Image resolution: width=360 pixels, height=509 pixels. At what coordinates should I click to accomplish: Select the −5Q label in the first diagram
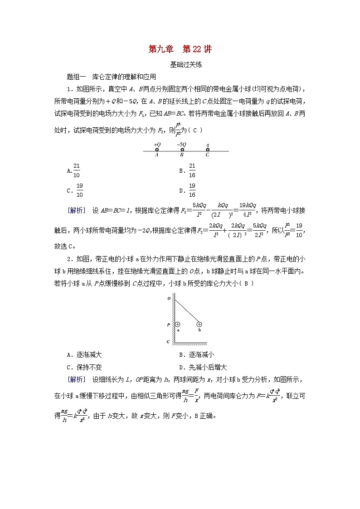[x=181, y=145]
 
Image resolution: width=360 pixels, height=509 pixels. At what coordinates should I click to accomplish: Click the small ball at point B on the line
[x=182, y=150]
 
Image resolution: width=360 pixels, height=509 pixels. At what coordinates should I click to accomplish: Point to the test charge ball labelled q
[x=208, y=150]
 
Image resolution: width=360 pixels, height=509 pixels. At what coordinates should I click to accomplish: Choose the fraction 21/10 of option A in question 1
[x=76, y=170]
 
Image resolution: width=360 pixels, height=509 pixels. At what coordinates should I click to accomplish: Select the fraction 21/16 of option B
[x=192, y=170]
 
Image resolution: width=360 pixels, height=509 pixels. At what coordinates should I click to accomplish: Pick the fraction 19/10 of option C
[x=79, y=190]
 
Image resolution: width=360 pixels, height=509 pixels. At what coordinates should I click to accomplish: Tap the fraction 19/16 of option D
[x=192, y=190]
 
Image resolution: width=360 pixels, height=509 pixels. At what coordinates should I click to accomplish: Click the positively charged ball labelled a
[x=177, y=324]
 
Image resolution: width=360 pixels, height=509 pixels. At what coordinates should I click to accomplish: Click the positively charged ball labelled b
[x=199, y=324]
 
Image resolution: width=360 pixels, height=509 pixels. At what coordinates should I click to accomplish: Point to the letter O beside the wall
[x=169, y=299]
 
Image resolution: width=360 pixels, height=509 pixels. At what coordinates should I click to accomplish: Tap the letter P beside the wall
[x=168, y=325]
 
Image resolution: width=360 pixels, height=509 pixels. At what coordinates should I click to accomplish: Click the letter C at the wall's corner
[x=168, y=342]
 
